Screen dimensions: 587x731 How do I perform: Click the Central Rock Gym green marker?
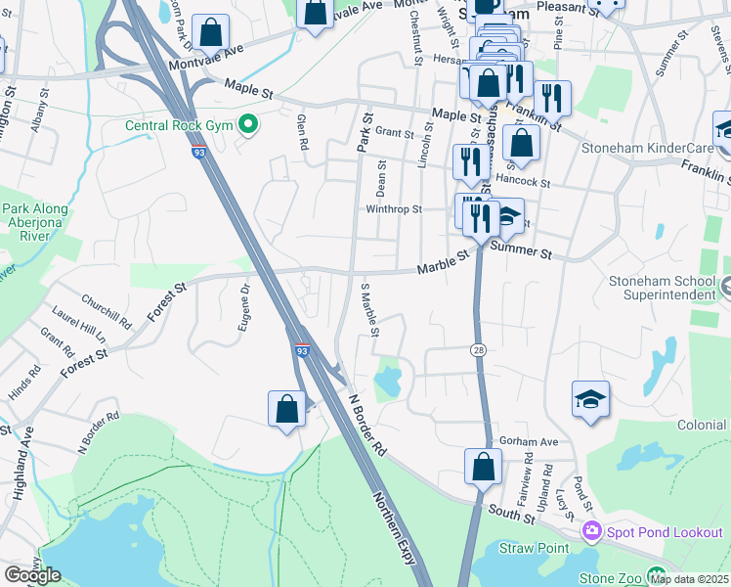click(248, 124)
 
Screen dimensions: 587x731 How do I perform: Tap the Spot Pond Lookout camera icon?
click(590, 531)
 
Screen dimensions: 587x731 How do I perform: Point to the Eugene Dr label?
click(243, 307)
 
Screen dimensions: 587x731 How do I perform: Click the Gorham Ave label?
click(528, 441)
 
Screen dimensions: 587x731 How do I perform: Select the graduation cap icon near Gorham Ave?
click(590, 399)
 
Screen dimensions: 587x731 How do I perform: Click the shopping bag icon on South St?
click(483, 466)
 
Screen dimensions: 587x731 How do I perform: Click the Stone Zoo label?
click(610, 578)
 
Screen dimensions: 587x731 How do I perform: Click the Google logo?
click(32, 575)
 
